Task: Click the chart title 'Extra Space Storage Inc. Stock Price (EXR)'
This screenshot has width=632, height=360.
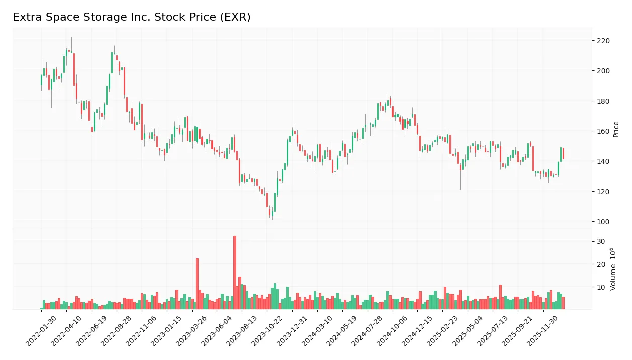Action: tap(131, 17)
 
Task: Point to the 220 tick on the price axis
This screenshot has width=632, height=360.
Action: tap(603, 41)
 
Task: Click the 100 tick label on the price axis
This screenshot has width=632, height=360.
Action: tap(603, 222)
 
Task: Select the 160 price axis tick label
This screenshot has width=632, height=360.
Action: tap(603, 131)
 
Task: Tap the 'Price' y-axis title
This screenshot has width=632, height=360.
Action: tap(616, 129)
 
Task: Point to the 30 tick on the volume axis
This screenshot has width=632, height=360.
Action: tap(601, 242)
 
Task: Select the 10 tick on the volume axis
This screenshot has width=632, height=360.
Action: tap(601, 287)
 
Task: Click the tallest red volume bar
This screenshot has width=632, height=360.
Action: tap(235, 272)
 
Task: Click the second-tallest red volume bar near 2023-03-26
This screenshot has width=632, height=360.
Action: tap(197, 284)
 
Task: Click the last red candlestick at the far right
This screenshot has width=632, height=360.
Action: tap(563, 154)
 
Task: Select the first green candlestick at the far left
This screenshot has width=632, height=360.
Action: tap(41, 80)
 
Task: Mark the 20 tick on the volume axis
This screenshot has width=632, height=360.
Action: tap(601, 264)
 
